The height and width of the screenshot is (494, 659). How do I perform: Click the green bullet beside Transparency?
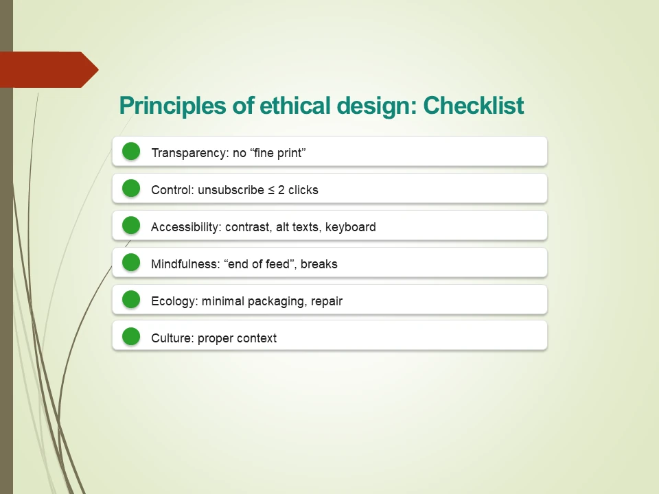click(131, 152)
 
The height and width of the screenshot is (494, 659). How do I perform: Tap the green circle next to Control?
click(131, 189)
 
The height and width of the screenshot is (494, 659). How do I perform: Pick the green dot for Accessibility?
click(131, 226)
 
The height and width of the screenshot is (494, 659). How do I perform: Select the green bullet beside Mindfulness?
click(131, 263)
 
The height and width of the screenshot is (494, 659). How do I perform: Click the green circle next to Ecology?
click(131, 300)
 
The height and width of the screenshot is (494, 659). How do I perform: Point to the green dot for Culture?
click(131, 337)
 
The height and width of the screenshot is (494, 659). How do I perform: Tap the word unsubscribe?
click(231, 190)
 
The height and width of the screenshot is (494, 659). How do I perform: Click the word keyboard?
click(350, 227)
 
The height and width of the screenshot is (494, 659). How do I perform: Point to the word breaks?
click(319, 264)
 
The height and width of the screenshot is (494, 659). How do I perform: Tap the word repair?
click(327, 301)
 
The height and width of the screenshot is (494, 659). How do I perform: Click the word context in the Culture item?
click(257, 338)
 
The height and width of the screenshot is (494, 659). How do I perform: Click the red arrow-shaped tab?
click(48, 69)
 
